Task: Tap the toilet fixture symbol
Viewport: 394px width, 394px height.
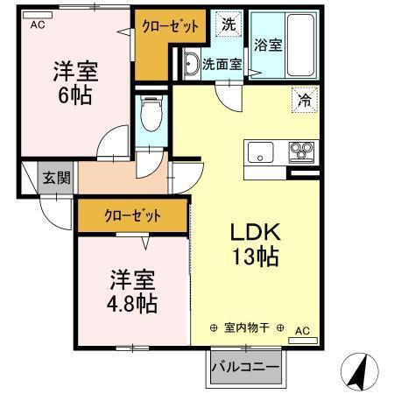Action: pyautogui.click(x=152, y=116)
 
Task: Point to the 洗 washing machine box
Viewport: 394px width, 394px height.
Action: pyautogui.click(x=228, y=25)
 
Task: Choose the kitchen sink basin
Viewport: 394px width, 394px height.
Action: pyautogui.click(x=261, y=152)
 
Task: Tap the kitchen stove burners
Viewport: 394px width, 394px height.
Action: pyautogui.click(x=302, y=151)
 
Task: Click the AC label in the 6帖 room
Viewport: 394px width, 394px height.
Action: pyautogui.click(x=37, y=25)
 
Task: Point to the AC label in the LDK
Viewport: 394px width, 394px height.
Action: pyautogui.click(x=302, y=330)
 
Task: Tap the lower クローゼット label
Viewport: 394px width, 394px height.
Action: pyautogui.click(x=132, y=215)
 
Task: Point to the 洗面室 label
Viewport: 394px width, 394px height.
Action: pyautogui.click(x=221, y=63)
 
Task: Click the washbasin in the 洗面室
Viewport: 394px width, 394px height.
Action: pyautogui.click(x=190, y=62)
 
